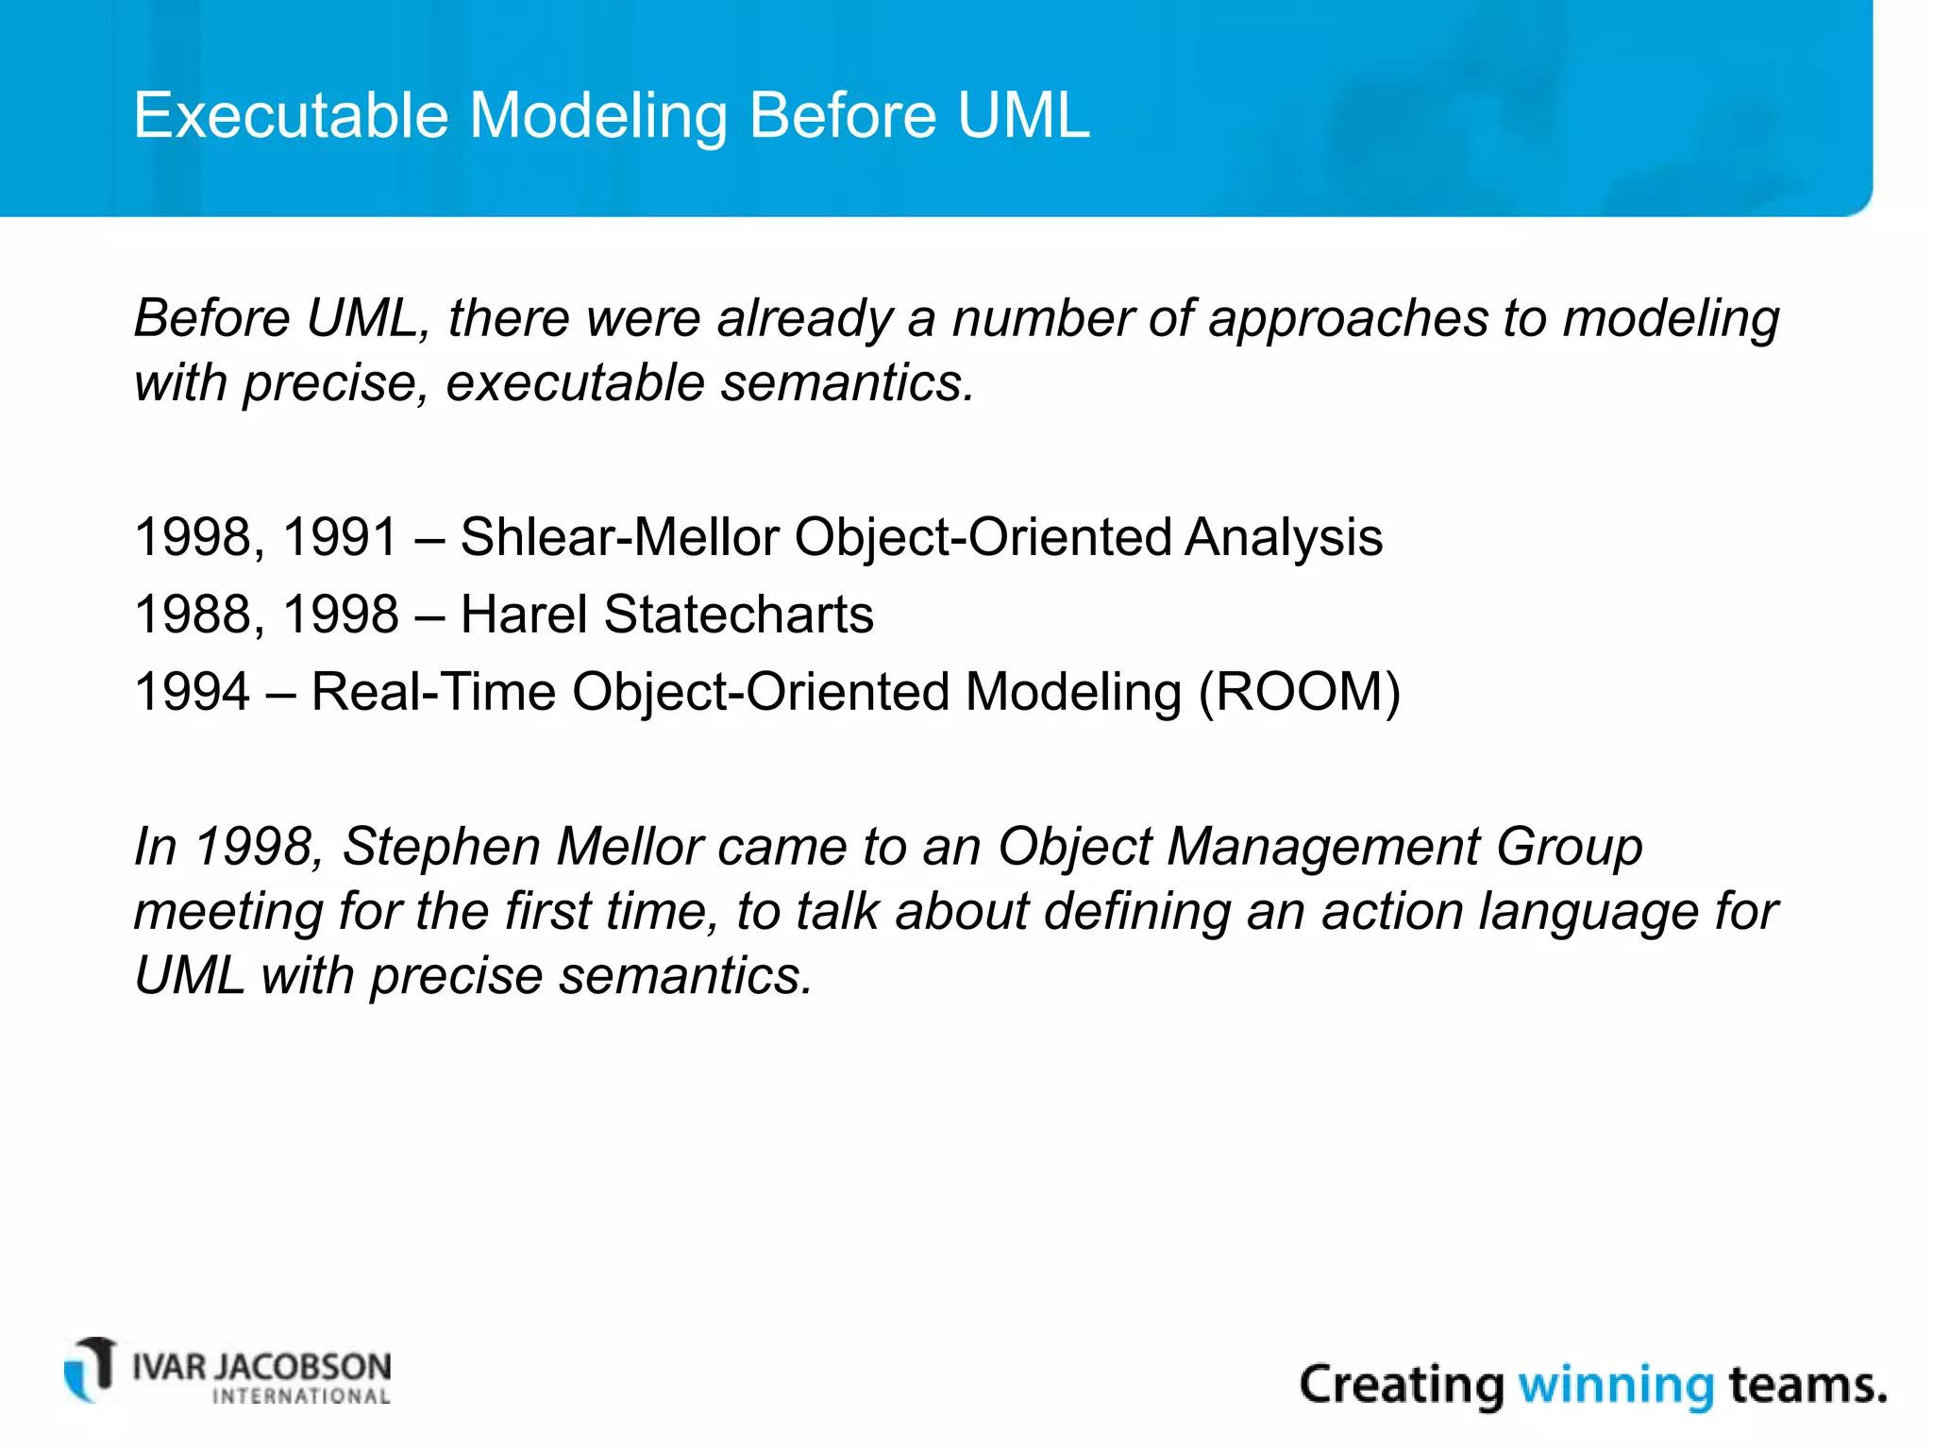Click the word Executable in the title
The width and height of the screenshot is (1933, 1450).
click(291, 116)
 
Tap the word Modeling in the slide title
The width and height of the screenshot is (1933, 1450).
click(598, 116)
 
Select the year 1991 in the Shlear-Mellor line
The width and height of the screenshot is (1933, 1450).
click(340, 537)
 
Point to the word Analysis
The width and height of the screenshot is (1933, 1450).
click(1284, 537)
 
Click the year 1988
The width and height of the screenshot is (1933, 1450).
click(193, 615)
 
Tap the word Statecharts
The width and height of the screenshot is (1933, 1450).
click(738, 615)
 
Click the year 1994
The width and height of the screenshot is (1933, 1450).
click(193, 692)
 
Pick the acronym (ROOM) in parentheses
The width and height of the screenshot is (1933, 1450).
click(1299, 692)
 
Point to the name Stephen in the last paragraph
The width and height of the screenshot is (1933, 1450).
click(441, 846)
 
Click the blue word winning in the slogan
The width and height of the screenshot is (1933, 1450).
click(1615, 1386)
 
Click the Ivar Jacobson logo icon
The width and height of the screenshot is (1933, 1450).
click(91, 1369)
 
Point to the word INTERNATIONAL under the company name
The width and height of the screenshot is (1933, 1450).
click(301, 1397)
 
